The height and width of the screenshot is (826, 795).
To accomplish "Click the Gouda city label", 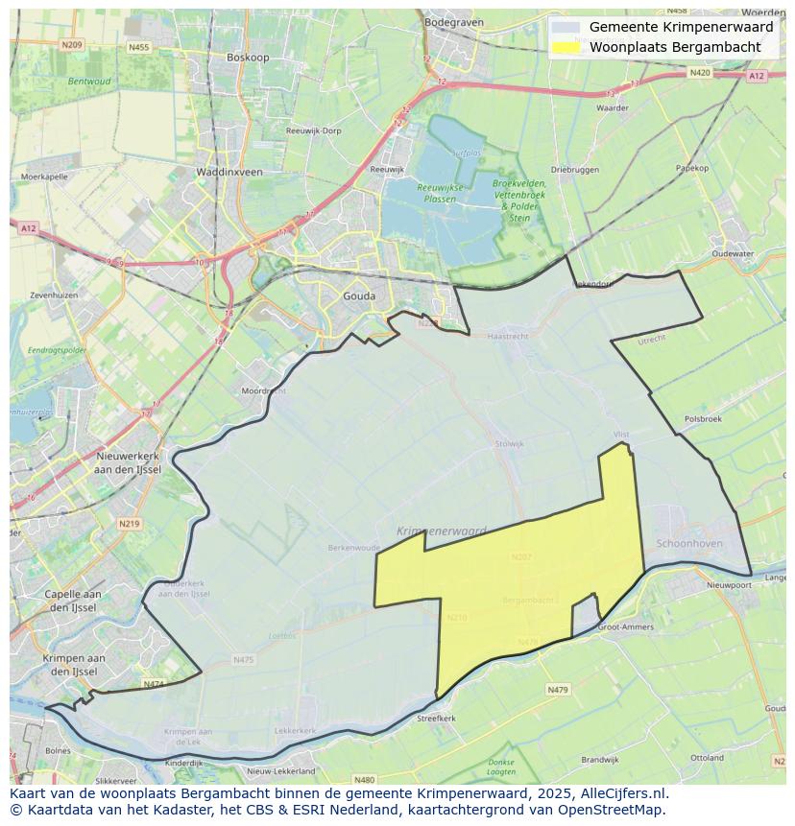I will tap(359, 296).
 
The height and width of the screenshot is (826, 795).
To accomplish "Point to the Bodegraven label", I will tap(451, 21).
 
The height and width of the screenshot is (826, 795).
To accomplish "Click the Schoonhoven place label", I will tap(688, 543).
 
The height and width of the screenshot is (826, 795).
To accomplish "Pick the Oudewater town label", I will tap(734, 254).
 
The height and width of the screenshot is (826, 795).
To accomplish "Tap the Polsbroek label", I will tap(703, 419).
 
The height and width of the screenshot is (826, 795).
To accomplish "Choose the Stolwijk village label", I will tap(509, 444).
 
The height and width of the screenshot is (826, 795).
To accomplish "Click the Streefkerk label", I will tap(436, 718).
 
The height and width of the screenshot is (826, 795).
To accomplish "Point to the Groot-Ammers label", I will tap(625, 627).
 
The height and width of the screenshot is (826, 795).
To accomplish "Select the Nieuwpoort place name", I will tap(728, 585).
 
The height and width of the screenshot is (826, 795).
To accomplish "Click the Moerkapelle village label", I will tap(44, 177).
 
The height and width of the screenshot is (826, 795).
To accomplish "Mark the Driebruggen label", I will tap(575, 170).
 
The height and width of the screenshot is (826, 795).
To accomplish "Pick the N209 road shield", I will tap(71, 44).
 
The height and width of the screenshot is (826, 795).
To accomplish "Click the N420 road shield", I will tap(699, 73).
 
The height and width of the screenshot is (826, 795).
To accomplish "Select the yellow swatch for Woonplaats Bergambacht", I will tap(566, 47).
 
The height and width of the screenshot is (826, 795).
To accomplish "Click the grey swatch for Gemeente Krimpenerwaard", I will tap(566, 28).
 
